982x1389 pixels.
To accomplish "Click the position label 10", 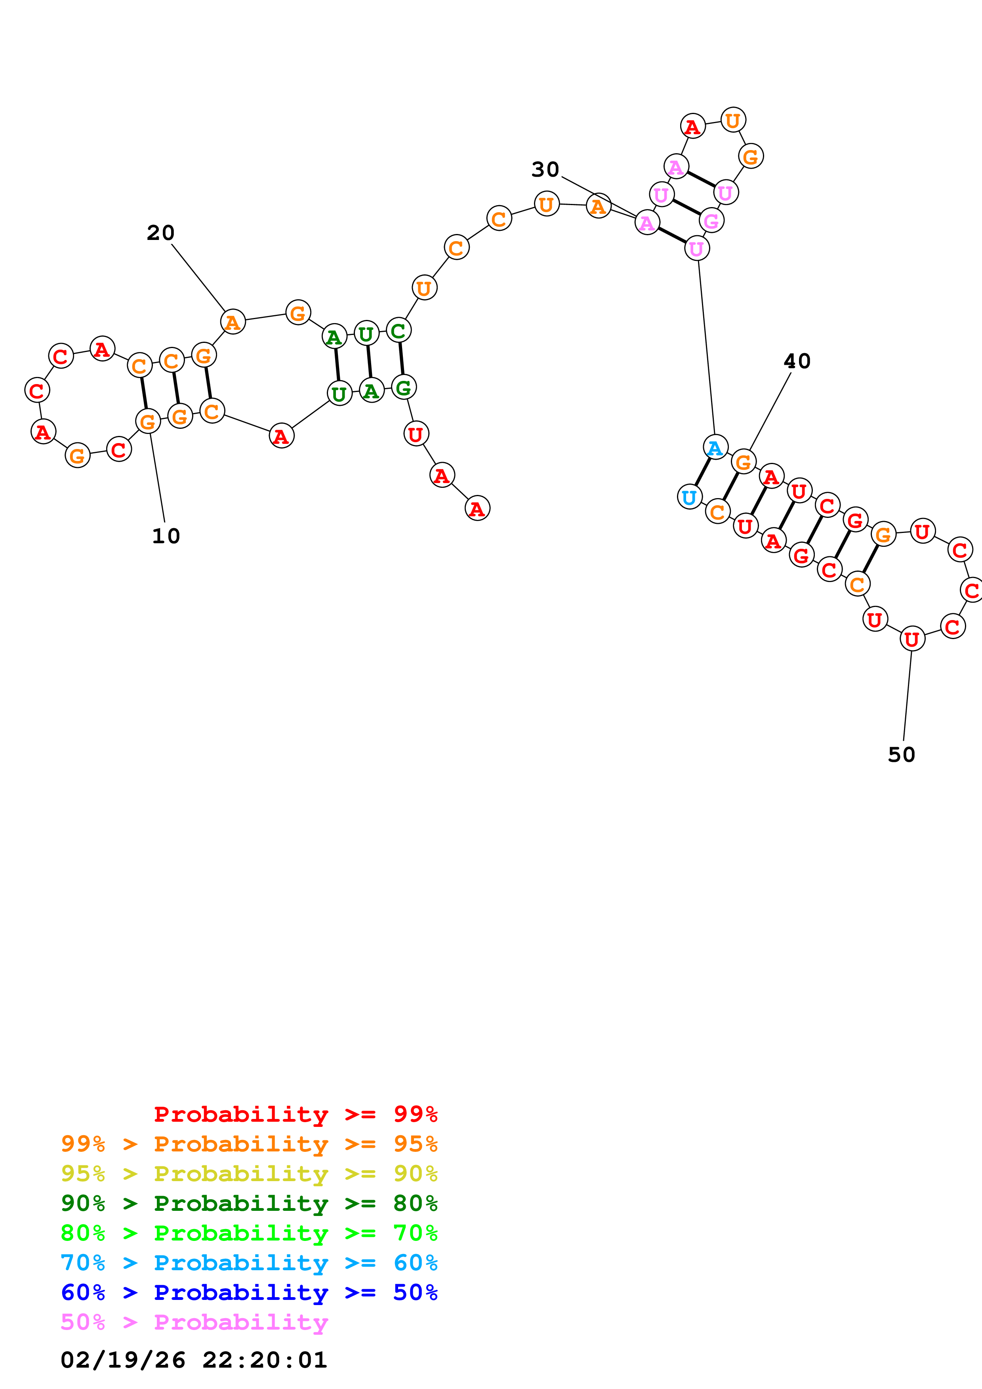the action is pyautogui.click(x=166, y=536).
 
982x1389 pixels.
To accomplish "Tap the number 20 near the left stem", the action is pyautogui.click(x=160, y=233).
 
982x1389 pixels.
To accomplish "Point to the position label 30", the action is pyautogui.click(x=545, y=170).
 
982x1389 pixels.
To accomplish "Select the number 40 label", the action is pyautogui.click(x=797, y=361).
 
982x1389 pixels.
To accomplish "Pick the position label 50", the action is pyautogui.click(x=901, y=755).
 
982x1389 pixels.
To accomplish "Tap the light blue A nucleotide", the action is pyautogui.click(x=715, y=448).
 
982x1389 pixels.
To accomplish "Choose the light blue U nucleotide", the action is pyautogui.click(x=689, y=497).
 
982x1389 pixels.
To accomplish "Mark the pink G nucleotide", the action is pyautogui.click(x=711, y=221).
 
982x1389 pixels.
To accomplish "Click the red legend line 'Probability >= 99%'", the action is pyautogui.click(x=295, y=1114).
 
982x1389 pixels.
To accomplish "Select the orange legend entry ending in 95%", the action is pyautogui.click(x=249, y=1144).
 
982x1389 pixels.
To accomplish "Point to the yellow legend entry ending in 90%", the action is pyautogui.click(x=249, y=1174).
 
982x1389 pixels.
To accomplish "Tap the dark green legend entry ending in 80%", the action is pyautogui.click(x=249, y=1203).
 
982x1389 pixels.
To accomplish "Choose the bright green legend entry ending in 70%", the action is pyautogui.click(x=249, y=1233).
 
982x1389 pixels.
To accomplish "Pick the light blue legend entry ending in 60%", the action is pyautogui.click(x=249, y=1263).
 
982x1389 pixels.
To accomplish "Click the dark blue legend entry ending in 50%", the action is pyautogui.click(x=249, y=1292).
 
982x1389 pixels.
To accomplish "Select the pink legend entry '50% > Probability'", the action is pyautogui.click(x=194, y=1322).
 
